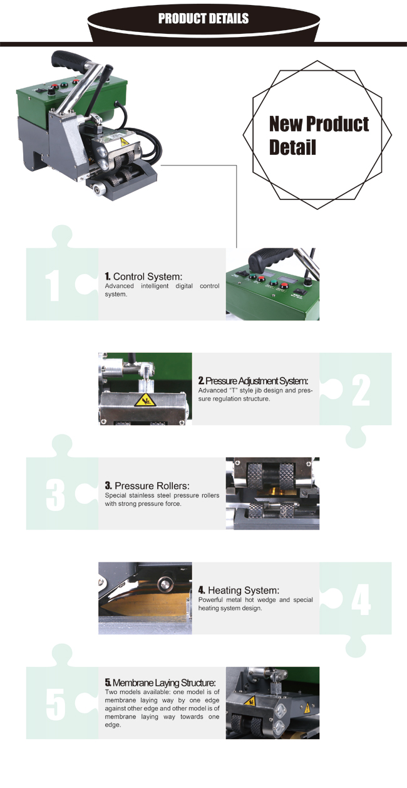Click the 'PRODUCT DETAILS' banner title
pyautogui.click(x=203, y=18)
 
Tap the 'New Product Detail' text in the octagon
pyautogui.click(x=319, y=135)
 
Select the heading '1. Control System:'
pyautogui.click(x=143, y=276)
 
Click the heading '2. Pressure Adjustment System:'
pyautogui.click(x=253, y=381)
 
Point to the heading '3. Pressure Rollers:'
pyautogui.click(x=147, y=486)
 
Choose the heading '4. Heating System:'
pyautogui.click(x=239, y=591)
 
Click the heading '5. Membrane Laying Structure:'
pyautogui.click(x=160, y=683)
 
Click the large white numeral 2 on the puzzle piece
pyautogui.click(x=361, y=390)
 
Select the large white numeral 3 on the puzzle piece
pyautogui.click(x=56, y=495)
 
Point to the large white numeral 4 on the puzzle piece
pyautogui.click(x=361, y=599)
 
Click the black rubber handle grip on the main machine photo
pyautogui.click(x=68, y=61)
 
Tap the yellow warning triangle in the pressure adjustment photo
pyautogui.click(x=145, y=401)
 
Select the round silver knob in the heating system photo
pyautogui.click(x=164, y=584)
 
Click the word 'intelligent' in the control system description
pyautogui.click(x=155, y=286)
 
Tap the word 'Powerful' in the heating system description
pyautogui.click(x=210, y=600)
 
